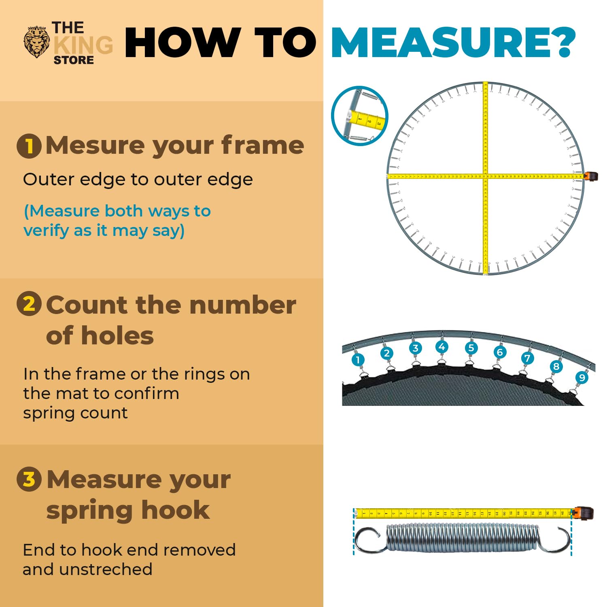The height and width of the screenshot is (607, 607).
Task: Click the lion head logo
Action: (x=37, y=42)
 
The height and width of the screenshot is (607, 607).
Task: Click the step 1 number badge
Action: (x=29, y=146)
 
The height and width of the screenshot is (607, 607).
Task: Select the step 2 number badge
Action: (x=29, y=304)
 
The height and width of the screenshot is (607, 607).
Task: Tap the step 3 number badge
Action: (x=29, y=479)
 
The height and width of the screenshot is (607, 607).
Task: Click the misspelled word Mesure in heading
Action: (x=96, y=145)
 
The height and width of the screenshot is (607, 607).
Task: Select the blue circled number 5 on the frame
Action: (x=471, y=348)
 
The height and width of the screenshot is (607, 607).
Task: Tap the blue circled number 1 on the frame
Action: (x=358, y=359)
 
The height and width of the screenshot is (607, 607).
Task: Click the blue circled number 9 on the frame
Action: (x=582, y=378)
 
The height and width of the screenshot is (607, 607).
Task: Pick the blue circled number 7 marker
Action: (x=527, y=358)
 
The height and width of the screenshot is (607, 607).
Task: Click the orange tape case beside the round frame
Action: (x=591, y=176)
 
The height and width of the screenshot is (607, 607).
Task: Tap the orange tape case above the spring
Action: (x=584, y=513)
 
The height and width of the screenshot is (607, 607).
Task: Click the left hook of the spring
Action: (x=368, y=540)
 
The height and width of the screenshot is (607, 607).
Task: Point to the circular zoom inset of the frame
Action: (x=359, y=116)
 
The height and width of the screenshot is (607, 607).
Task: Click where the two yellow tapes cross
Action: (x=486, y=176)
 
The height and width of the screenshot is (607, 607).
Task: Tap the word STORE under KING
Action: (x=74, y=60)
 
